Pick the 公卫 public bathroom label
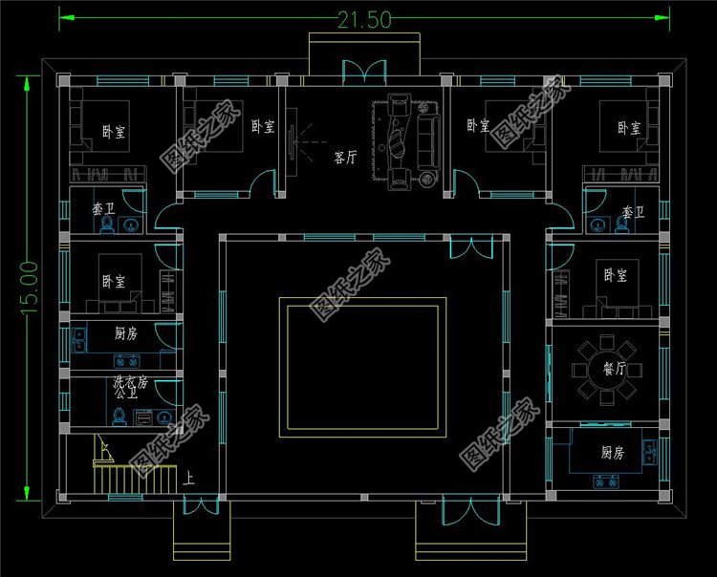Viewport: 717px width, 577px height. pos(125,393)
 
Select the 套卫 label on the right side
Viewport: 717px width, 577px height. pos(632,211)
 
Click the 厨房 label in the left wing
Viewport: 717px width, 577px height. pos(126,333)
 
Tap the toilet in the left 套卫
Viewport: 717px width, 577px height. pos(107,224)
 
